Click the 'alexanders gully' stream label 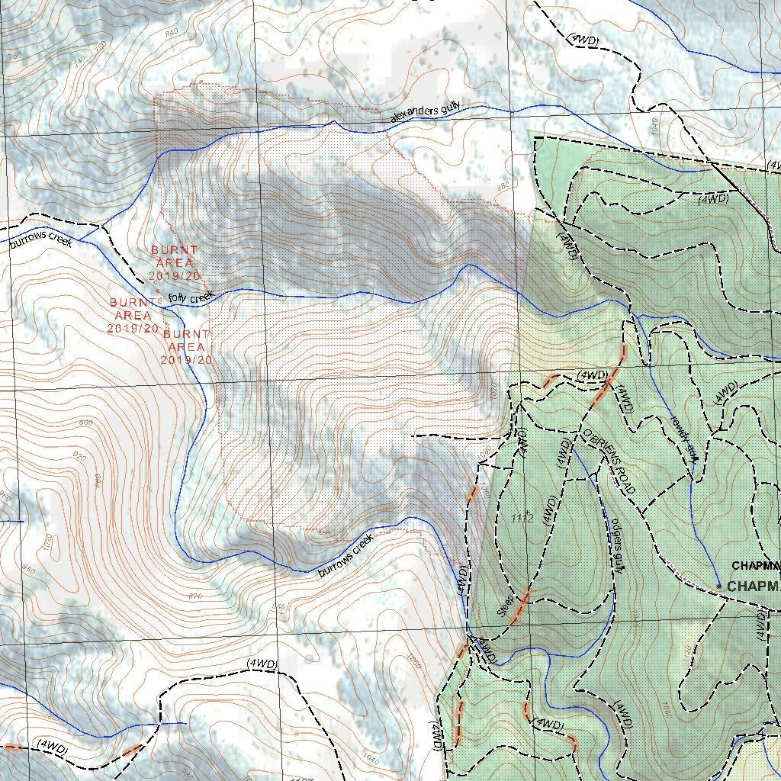pyautogui.click(x=425, y=113)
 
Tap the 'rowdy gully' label pyautogui.click(x=683, y=438)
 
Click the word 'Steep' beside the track pyautogui.click(x=506, y=606)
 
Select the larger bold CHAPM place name pyautogui.click(x=754, y=587)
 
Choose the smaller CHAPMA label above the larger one pyautogui.click(x=756, y=566)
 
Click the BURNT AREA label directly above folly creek pyautogui.click(x=174, y=262)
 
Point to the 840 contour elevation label pyautogui.click(x=172, y=31)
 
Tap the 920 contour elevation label pyautogui.click(x=77, y=455)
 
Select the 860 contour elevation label pyautogui.click(x=85, y=423)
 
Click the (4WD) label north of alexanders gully pyautogui.click(x=583, y=38)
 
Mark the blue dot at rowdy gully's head pyautogui.click(x=718, y=586)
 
